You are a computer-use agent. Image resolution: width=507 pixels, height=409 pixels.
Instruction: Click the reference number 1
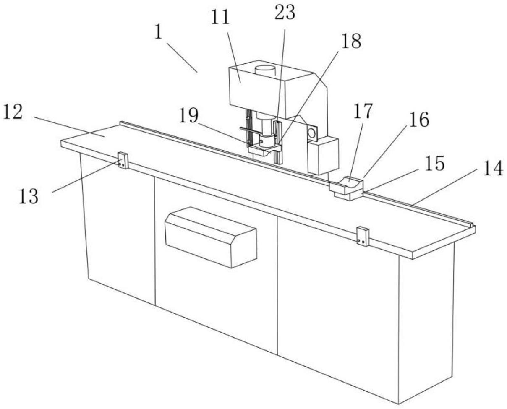[x=158, y=32]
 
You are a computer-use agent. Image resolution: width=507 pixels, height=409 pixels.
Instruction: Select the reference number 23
[x=285, y=13]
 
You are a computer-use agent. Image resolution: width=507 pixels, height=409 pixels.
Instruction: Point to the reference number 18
[x=351, y=41]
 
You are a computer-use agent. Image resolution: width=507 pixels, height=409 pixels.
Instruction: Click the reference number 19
[x=188, y=116]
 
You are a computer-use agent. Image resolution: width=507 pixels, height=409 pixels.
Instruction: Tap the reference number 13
[x=28, y=196]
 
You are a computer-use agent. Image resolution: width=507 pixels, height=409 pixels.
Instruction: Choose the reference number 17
[x=362, y=111]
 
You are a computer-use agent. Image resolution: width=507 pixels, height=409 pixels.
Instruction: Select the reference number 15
[x=434, y=164]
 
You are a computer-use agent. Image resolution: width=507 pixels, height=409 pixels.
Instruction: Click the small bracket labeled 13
[x=123, y=160]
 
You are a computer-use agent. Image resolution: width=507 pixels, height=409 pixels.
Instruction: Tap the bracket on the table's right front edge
[x=362, y=236]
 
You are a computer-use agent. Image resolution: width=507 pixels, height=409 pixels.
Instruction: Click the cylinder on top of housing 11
[x=265, y=70]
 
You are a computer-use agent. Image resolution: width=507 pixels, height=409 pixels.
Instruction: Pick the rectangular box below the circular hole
[x=323, y=155]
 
